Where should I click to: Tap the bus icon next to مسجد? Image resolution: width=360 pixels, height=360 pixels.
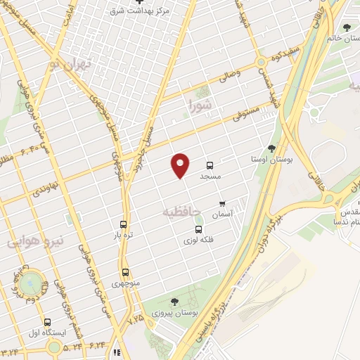pyautogui.click(x=210, y=165)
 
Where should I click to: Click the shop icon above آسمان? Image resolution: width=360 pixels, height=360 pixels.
pyautogui.click(x=221, y=203)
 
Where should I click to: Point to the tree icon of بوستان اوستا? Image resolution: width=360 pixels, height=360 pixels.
pyautogui.click(x=271, y=148)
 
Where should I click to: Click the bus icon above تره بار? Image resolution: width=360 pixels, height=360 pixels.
pyautogui.click(x=124, y=224)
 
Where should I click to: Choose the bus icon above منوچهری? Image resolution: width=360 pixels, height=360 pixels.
pyautogui.click(x=126, y=272)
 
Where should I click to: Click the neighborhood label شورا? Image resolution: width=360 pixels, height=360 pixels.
pyautogui.click(x=200, y=106)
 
